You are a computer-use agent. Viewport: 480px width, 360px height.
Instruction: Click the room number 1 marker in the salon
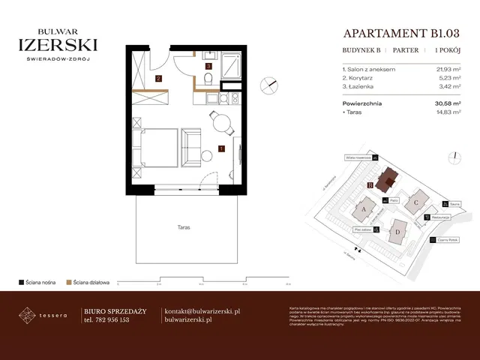coord(221,148)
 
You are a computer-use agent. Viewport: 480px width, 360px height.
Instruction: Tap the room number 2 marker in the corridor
coord(158,78)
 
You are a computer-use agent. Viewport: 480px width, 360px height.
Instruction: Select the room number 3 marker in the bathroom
coord(208,66)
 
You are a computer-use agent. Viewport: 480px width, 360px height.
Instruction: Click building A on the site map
coord(363,209)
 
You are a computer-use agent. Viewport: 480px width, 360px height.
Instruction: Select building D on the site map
coord(397,232)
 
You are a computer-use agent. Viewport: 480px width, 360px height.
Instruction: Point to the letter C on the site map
coord(415,202)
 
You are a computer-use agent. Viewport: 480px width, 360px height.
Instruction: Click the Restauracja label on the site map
coord(442,218)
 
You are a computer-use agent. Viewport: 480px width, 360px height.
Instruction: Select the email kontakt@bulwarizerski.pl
coord(202,310)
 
